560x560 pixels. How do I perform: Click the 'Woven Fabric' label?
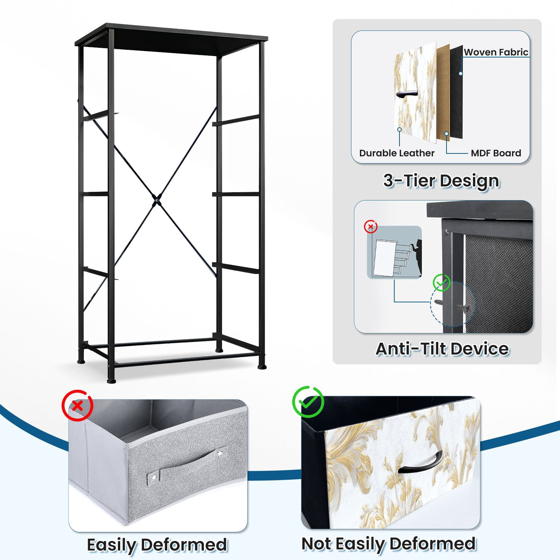point(496,52)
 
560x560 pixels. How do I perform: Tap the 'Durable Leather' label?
point(397,153)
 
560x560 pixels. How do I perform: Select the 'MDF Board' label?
point(496,153)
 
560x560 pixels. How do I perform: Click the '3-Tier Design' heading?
point(441,181)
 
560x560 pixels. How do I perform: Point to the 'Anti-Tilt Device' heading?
point(442,349)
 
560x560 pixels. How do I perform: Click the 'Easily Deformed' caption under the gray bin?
point(157,545)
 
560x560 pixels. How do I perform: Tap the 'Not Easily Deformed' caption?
point(389,544)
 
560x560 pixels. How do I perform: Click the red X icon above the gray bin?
point(78,405)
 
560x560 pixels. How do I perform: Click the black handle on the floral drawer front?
point(420,463)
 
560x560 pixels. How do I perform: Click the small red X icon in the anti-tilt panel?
point(371,227)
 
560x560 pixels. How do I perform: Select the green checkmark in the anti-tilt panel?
point(442,283)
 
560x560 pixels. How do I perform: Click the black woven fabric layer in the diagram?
point(456,91)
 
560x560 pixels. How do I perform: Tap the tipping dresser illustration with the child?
point(395,252)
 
